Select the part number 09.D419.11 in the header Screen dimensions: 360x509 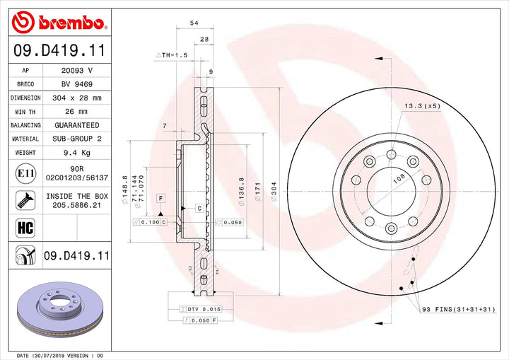coord(59,51)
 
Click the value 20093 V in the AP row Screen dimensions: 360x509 coord(76,71)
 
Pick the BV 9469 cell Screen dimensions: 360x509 coord(76,85)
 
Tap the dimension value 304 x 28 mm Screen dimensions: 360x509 coord(76,98)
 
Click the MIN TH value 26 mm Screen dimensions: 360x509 coord(76,112)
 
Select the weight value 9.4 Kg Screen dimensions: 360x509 coord(76,152)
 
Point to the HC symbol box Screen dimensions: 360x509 coord(22,227)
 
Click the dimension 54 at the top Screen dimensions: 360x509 coord(194,23)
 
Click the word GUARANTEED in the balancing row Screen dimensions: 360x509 coord(76,125)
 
